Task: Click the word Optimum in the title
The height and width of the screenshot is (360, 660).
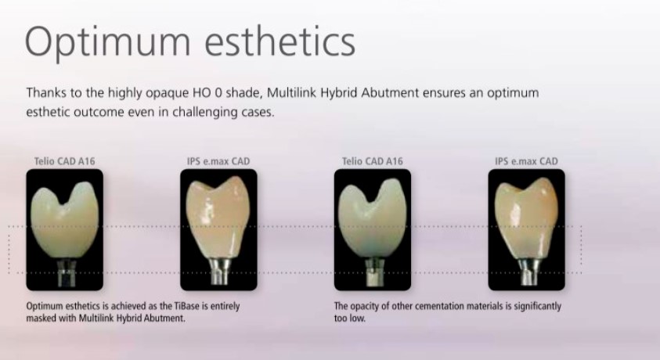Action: (x=108, y=42)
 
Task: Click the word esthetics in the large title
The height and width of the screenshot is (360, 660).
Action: (x=280, y=41)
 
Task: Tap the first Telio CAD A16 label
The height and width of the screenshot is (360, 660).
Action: (x=64, y=161)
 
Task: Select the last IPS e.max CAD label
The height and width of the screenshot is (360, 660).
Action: (x=526, y=161)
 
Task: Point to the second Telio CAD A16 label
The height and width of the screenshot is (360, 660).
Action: (x=372, y=161)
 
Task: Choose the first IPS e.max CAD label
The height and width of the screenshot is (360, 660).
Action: (x=218, y=161)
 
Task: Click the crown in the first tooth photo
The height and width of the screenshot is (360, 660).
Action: (x=64, y=221)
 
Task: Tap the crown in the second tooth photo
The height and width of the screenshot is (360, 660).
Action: (x=218, y=218)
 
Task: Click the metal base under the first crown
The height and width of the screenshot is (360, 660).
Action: (x=67, y=273)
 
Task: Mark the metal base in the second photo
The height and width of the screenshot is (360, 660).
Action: (x=220, y=272)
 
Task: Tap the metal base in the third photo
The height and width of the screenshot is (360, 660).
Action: (x=373, y=272)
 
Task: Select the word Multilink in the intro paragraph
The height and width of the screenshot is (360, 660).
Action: (x=292, y=92)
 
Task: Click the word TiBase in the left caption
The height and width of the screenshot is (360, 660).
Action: (x=191, y=306)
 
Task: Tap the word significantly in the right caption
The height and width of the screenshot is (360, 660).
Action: (x=538, y=307)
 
